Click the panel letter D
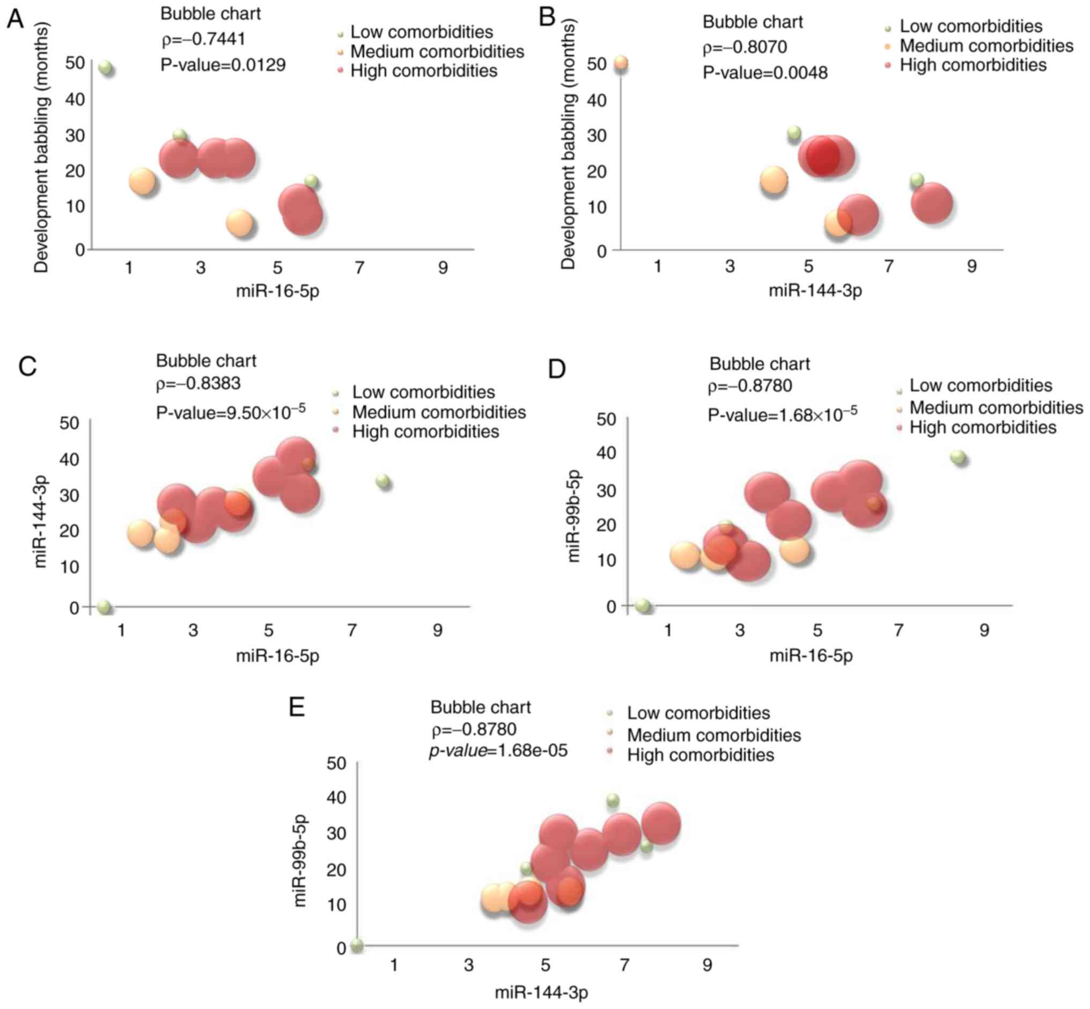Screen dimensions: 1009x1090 tap(556, 370)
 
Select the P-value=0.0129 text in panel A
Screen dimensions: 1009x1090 tap(223, 65)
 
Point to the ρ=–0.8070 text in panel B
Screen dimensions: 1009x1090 tap(745, 48)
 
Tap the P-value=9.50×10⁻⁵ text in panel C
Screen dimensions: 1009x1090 tap(230, 412)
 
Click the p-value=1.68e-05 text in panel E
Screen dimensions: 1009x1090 tap(498, 751)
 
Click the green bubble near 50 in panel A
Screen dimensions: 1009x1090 tap(106, 68)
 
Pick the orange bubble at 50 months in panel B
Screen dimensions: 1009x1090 tap(621, 63)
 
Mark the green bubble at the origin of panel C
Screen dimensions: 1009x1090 tap(104, 607)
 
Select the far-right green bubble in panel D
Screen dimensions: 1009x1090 tap(958, 457)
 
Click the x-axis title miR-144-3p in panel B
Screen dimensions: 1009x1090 tap(815, 290)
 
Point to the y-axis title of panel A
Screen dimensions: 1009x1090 tap(41, 148)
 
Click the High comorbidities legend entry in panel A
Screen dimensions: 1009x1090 tap(424, 71)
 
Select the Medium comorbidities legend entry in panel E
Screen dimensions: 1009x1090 tap(713, 735)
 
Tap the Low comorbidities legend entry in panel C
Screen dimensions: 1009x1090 tap(423, 392)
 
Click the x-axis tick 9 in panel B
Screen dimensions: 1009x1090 tap(971, 266)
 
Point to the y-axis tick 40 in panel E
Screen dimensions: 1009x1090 tap(336, 798)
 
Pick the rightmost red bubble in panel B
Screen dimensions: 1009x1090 tap(932, 203)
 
